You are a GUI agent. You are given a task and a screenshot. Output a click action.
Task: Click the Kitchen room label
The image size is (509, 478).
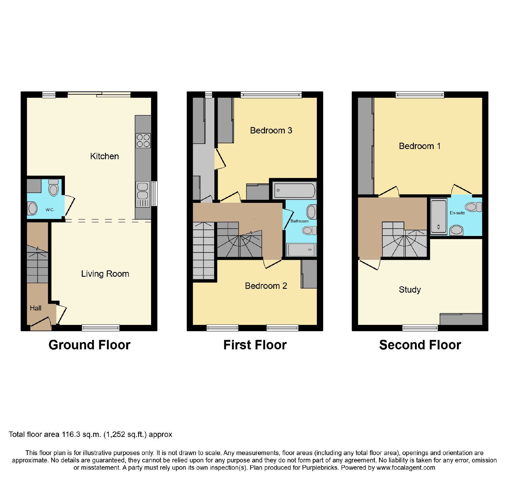104,156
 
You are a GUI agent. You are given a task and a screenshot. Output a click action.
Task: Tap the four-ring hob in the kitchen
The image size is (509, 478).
143,141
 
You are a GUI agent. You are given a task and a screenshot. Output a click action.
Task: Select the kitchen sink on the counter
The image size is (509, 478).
143,194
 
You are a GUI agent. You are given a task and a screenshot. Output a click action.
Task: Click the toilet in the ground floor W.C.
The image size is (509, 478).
53,188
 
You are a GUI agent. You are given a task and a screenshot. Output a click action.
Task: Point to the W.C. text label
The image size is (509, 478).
50,210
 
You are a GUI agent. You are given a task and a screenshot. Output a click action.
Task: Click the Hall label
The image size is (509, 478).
36,308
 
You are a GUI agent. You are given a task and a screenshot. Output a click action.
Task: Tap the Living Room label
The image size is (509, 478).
105,274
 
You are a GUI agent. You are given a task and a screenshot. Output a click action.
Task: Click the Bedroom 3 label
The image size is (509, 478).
271,131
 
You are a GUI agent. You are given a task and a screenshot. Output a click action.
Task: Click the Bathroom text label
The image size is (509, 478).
299,221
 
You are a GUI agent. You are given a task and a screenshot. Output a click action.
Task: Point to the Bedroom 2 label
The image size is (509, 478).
266,286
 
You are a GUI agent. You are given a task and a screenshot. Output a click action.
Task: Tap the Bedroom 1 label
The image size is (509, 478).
420,146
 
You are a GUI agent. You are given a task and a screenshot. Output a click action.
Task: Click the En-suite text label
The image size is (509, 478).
457,213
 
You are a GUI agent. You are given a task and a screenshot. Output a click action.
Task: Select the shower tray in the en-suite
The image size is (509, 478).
439,217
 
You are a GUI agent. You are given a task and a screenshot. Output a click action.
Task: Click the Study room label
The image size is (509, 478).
410,290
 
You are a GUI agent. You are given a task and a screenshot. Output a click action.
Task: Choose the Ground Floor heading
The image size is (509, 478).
89,345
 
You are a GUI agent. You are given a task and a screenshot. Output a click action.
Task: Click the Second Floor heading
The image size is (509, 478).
420,345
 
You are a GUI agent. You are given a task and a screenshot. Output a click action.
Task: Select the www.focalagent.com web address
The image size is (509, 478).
406,468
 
